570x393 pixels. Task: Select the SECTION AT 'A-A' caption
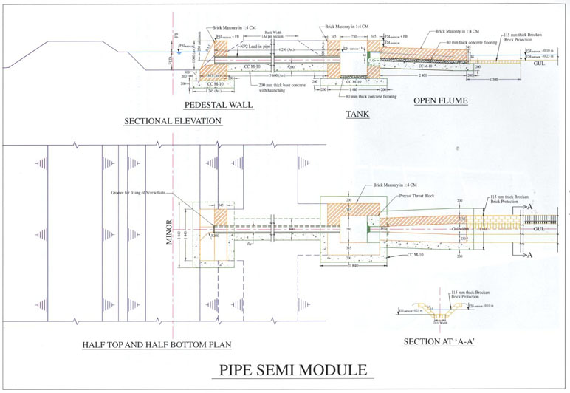(x=438, y=342)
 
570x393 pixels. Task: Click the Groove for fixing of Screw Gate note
(x=140, y=192)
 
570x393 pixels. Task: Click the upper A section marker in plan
(x=529, y=208)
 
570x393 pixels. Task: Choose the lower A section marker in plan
(x=529, y=255)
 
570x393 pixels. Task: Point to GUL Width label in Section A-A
(x=439, y=323)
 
